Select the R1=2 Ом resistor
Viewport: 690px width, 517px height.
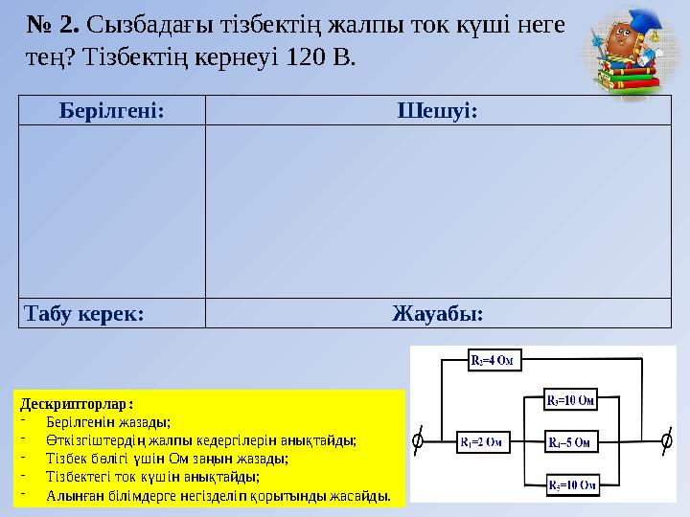(480, 441)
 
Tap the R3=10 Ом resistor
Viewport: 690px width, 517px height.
(572, 399)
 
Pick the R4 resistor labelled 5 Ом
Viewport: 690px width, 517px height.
(572, 441)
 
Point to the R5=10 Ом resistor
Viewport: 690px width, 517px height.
(572, 485)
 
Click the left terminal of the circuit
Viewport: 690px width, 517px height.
(417, 441)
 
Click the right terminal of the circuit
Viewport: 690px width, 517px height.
(667, 441)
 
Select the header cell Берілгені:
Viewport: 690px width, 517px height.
(111, 110)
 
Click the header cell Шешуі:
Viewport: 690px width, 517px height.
(438, 110)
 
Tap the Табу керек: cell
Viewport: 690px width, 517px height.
(85, 313)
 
